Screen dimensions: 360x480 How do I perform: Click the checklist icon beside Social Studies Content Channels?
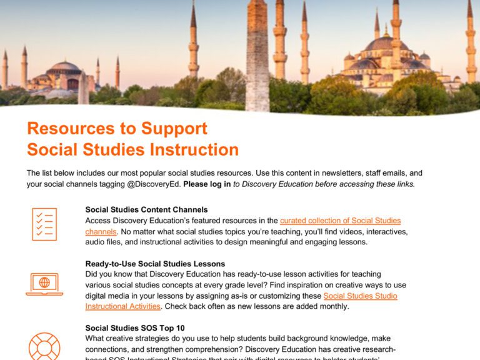click(x=44, y=224)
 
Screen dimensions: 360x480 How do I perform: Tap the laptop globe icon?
click(x=44, y=284)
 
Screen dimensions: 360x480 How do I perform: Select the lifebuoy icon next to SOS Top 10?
click(x=44, y=345)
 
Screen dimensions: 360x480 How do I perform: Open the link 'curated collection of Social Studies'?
click(x=340, y=221)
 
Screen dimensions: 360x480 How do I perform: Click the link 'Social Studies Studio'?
click(x=360, y=296)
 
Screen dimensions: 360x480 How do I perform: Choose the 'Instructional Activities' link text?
click(x=122, y=306)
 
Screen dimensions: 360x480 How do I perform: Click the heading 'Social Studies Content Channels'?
click(x=146, y=210)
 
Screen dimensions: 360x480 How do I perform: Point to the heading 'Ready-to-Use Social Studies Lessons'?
click(x=155, y=264)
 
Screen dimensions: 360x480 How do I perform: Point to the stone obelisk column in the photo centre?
click(x=257, y=56)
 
